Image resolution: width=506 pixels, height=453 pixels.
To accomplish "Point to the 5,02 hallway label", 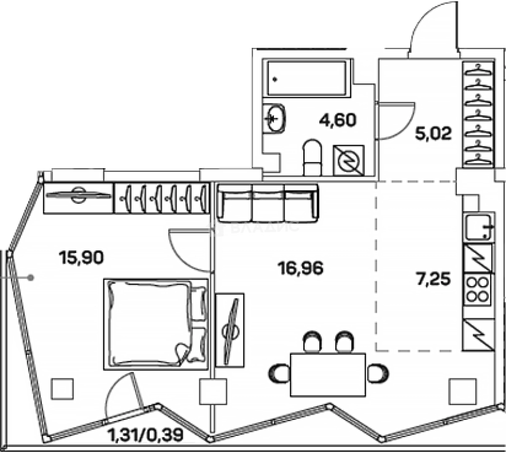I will click(x=433, y=134).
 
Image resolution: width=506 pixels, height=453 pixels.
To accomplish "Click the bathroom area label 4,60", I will click(x=337, y=120).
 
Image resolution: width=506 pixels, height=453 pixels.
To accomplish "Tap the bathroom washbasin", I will click(x=276, y=118).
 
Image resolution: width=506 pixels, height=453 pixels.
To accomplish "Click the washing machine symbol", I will click(x=349, y=160).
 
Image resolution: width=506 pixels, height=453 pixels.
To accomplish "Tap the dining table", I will click(x=328, y=375).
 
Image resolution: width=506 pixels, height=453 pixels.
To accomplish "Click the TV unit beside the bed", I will click(x=229, y=329).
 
